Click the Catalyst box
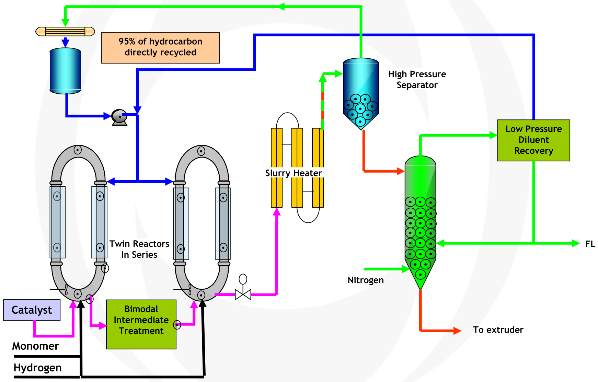pos(32,310)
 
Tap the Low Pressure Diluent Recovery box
pos(533,140)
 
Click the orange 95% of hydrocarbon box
pos(160,48)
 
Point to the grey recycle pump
pos(119,117)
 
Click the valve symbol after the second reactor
pos(243,294)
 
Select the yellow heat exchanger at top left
pos(65,32)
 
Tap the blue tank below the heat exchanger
pos(65,71)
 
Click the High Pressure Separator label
pos(417,80)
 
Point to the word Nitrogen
pos(366,280)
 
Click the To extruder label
pos(498,330)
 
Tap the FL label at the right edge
pos(590,244)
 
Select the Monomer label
pos(36,346)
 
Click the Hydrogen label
pos(37,368)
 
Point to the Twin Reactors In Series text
pos(139,249)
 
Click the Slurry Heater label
pos(294,173)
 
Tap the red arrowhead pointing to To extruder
pos(457,331)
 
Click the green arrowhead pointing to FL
pos(576,243)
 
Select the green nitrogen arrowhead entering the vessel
pos(406,269)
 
